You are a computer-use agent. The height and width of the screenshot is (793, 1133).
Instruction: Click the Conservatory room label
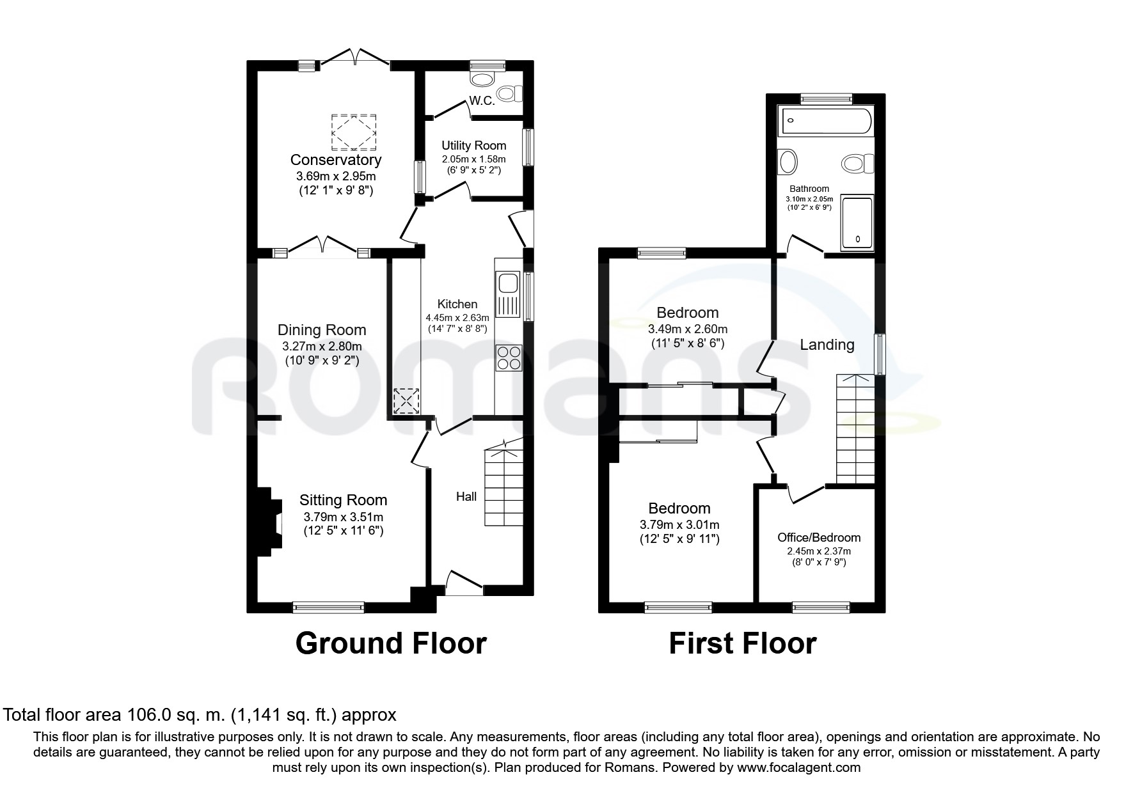click(x=336, y=160)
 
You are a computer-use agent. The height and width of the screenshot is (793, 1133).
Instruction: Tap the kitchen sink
click(x=509, y=294)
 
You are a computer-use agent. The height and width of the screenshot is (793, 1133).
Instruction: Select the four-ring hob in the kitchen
click(x=509, y=357)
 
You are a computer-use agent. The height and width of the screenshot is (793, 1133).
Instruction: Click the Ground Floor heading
click(x=391, y=643)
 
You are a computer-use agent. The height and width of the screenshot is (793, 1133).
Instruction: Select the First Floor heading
click(x=742, y=643)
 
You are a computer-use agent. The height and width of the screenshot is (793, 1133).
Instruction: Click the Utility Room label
click(x=473, y=146)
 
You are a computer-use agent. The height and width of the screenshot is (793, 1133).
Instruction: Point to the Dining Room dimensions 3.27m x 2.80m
click(x=322, y=347)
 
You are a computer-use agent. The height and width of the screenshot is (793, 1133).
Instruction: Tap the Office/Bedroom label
click(x=819, y=538)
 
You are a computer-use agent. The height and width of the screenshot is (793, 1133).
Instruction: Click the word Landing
click(x=827, y=345)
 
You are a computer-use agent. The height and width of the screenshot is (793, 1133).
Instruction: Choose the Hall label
click(x=466, y=496)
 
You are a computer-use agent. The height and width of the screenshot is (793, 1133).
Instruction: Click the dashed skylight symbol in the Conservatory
click(x=353, y=132)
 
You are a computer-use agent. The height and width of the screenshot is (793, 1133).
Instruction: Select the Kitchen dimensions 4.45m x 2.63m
click(x=457, y=317)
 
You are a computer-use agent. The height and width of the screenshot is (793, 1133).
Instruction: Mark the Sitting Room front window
click(x=328, y=608)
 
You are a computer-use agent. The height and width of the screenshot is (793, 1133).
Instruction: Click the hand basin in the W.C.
click(x=483, y=79)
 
